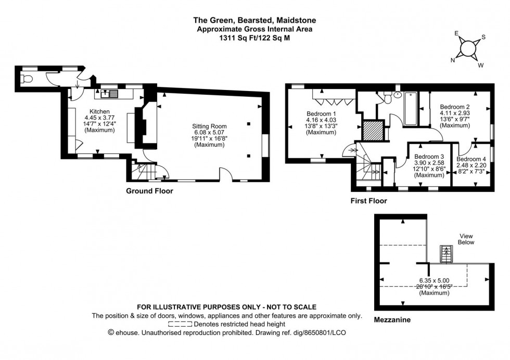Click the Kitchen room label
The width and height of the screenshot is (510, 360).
tap(99, 111)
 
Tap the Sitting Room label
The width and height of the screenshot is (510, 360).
tap(209, 126)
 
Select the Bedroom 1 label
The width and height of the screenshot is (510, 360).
tap(321, 114)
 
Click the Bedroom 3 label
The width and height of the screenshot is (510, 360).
tap(429, 156)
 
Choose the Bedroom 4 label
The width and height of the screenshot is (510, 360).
tap(471, 159)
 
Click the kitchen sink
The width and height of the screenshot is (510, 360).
tap(110, 94)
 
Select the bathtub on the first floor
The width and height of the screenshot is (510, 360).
tap(410, 108)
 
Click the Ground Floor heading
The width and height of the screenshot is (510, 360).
tap(149, 191)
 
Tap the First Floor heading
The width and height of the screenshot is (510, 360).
tap(368, 200)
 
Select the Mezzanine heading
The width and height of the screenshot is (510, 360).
tap(392, 320)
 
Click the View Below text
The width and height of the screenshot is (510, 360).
tap(466, 239)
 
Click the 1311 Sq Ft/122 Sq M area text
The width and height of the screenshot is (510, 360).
tap(254, 37)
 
